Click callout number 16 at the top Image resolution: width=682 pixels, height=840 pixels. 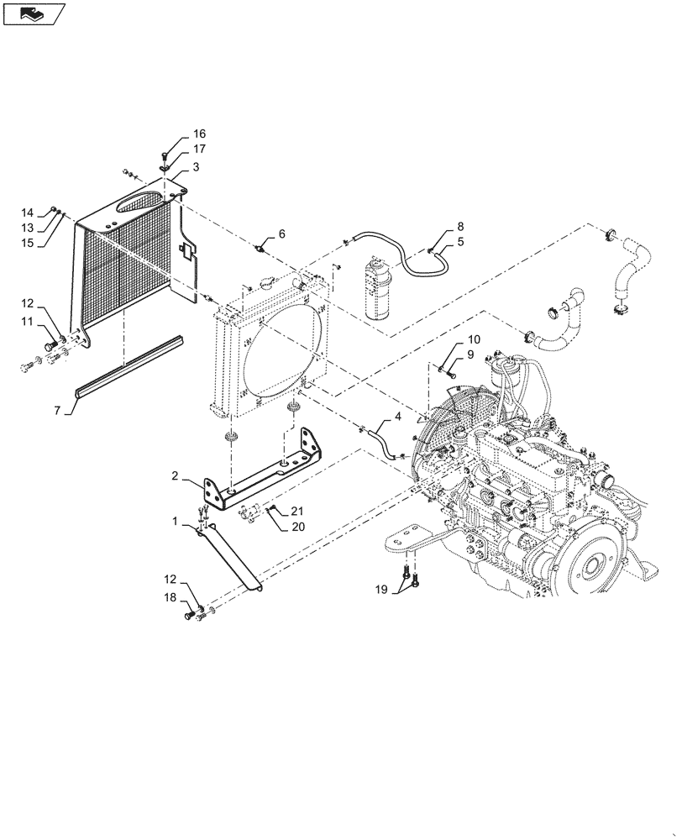(x=198, y=134)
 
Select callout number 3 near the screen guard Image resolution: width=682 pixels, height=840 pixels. (x=195, y=168)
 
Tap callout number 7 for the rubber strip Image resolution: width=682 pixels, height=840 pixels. (x=57, y=410)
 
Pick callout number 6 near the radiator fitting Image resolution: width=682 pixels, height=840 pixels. (x=282, y=234)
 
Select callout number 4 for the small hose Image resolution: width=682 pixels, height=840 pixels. (x=397, y=416)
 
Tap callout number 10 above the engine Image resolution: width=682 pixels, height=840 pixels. (x=473, y=340)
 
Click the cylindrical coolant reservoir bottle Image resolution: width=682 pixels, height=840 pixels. (x=375, y=289)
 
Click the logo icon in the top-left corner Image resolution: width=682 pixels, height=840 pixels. (x=34, y=13)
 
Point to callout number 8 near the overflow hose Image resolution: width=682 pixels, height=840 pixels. (x=459, y=227)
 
